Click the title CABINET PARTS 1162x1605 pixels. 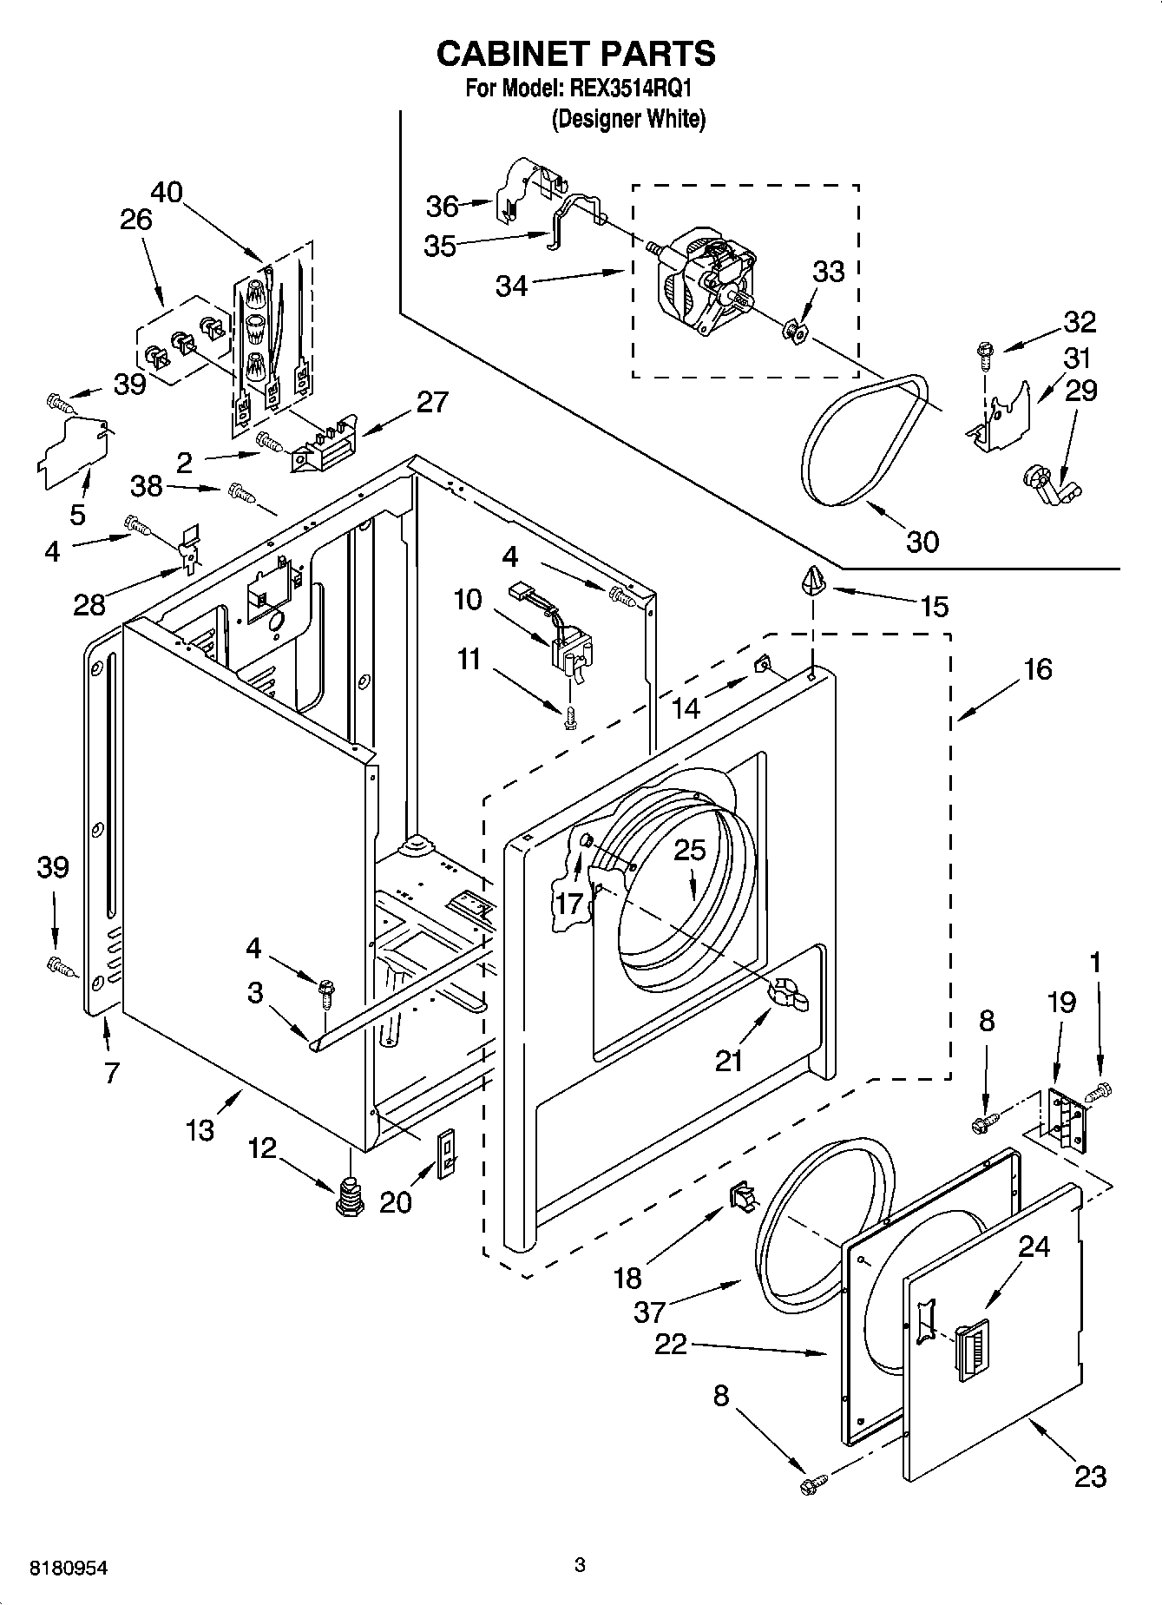click(x=575, y=54)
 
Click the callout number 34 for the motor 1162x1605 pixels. click(x=511, y=285)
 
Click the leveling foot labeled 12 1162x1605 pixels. click(x=351, y=1196)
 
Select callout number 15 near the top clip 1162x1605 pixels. click(x=934, y=605)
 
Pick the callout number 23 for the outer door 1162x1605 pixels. click(x=1090, y=1476)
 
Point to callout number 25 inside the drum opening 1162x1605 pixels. click(x=690, y=850)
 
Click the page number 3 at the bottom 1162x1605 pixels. click(x=580, y=1565)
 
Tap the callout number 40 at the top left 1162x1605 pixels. click(x=166, y=191)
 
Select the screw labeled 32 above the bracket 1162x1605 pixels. click(x=985, y=351)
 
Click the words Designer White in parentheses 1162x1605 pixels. click(x=629, y=119)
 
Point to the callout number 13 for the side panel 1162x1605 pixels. click(x=200, y=1130)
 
